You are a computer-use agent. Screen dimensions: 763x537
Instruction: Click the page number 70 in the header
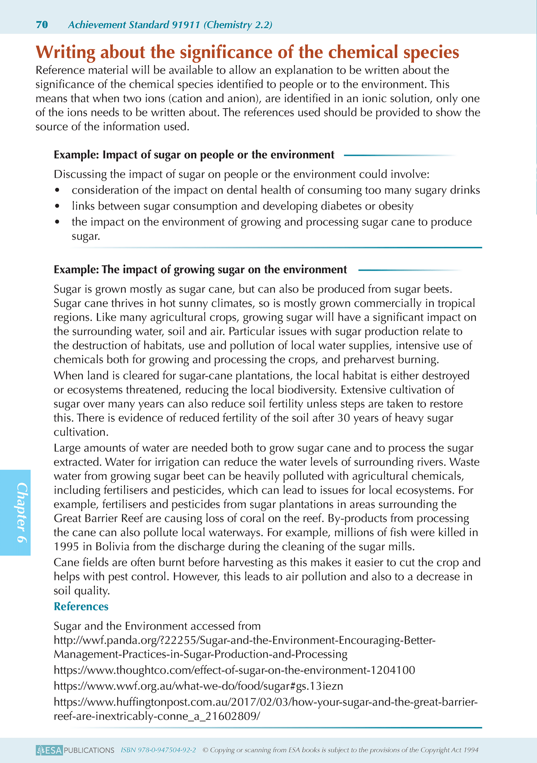[42, 25]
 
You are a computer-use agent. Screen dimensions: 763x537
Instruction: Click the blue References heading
[81, 606]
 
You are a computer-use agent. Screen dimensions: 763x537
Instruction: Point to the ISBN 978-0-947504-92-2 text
[158, 750]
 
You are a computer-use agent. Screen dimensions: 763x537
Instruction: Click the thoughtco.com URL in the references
[234, 670]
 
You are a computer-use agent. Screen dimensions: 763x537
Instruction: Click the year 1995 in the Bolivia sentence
[66, 547]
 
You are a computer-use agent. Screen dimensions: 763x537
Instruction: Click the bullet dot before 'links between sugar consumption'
[57, 206]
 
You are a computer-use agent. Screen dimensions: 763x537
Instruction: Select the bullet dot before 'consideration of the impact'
[57, 190]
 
